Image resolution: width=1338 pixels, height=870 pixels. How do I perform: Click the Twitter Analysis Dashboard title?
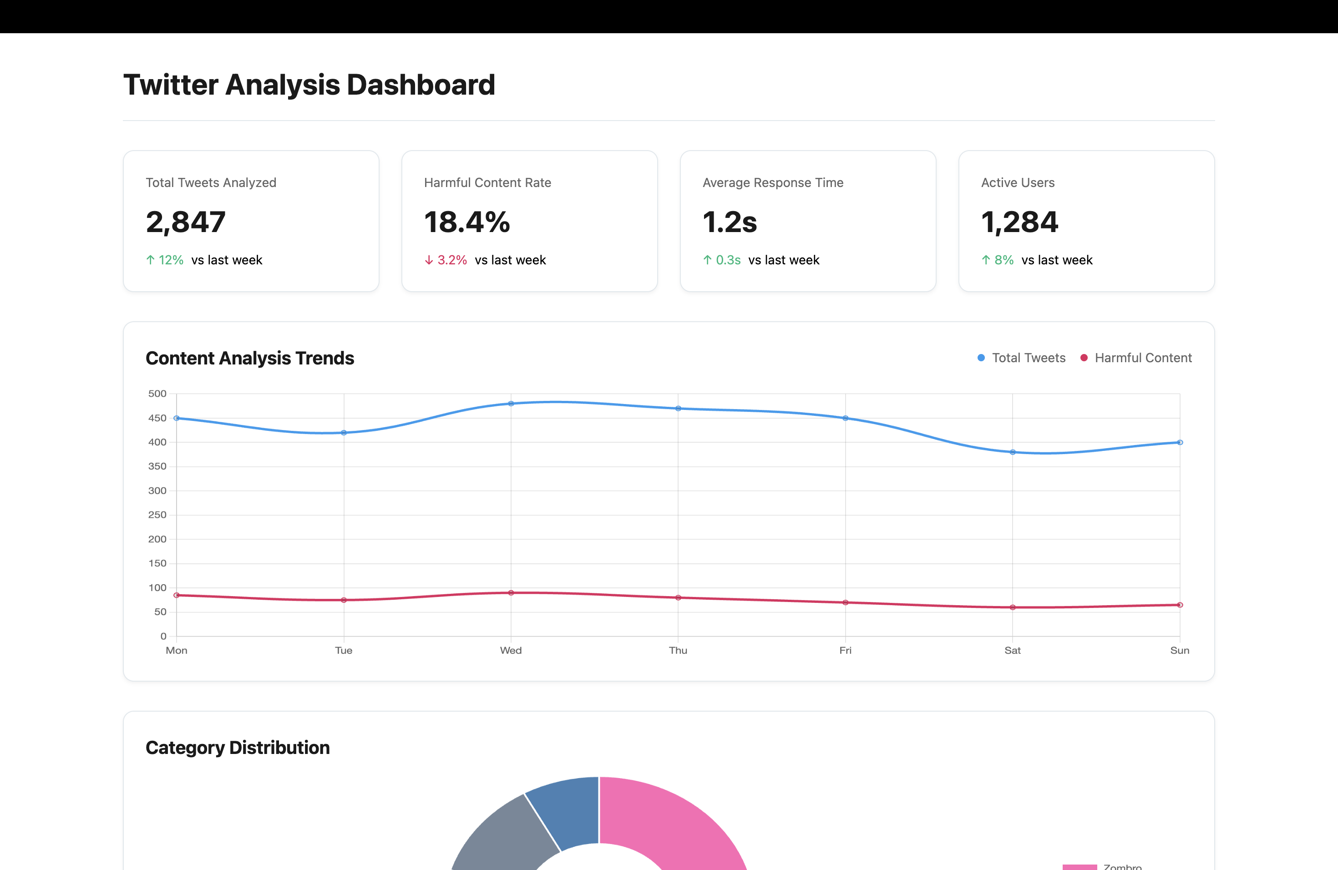tap(309, 85)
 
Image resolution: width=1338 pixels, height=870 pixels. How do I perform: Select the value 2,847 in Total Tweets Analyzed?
tap(186, 222)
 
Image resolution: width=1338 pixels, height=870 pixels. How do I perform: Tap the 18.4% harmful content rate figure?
tap(466, 222)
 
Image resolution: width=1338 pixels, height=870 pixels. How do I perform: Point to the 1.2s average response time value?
tap(729, 222)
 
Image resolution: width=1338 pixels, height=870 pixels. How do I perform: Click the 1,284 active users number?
tap(1019, 222)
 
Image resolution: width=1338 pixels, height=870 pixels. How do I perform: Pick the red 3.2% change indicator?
tap(446, 260)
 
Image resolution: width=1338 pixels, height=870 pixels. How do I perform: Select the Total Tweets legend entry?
tap(1022, 358)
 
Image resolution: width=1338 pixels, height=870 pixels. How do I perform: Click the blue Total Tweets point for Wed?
tap(511, 404)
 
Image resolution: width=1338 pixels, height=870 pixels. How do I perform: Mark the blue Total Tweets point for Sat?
tap(1013, 452)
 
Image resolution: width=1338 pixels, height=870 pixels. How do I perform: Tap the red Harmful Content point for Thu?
tap(678, 597)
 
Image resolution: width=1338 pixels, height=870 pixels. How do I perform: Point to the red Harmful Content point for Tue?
tap(344, 600)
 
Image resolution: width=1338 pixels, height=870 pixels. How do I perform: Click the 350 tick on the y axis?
tap(157, 466)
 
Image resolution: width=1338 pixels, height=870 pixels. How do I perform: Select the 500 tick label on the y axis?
tap(157, 394)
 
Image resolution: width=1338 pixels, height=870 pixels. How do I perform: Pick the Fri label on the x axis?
tap(845, 650)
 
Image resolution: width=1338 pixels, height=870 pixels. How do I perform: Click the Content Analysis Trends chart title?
tap(249, 358)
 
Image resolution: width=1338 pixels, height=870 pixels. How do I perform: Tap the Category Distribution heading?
tap(237, 748)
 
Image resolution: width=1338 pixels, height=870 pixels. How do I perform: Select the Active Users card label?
tap(1018, 182)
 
